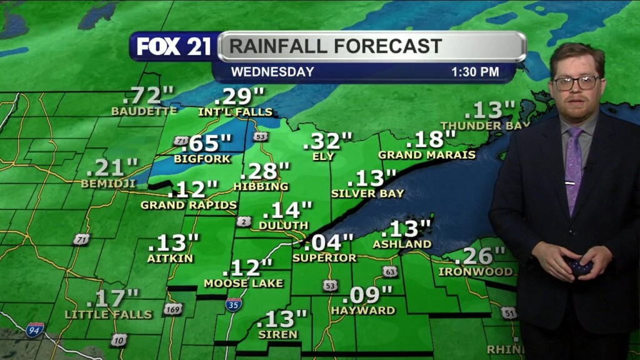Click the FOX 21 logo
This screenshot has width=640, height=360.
174,46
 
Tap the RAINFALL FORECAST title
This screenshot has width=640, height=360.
335,46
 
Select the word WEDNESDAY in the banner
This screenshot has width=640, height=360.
272,72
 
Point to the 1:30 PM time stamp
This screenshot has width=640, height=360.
475,72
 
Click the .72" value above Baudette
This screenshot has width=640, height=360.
148,96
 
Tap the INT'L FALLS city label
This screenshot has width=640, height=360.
236,112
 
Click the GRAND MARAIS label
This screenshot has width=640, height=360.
427,154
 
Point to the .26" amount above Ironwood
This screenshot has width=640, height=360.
479,256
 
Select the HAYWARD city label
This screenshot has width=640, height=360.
363,310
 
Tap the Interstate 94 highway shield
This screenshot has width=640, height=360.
35,329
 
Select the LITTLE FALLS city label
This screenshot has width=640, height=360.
109,314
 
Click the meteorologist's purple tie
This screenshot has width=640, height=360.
574,169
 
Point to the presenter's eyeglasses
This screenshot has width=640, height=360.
576,82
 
